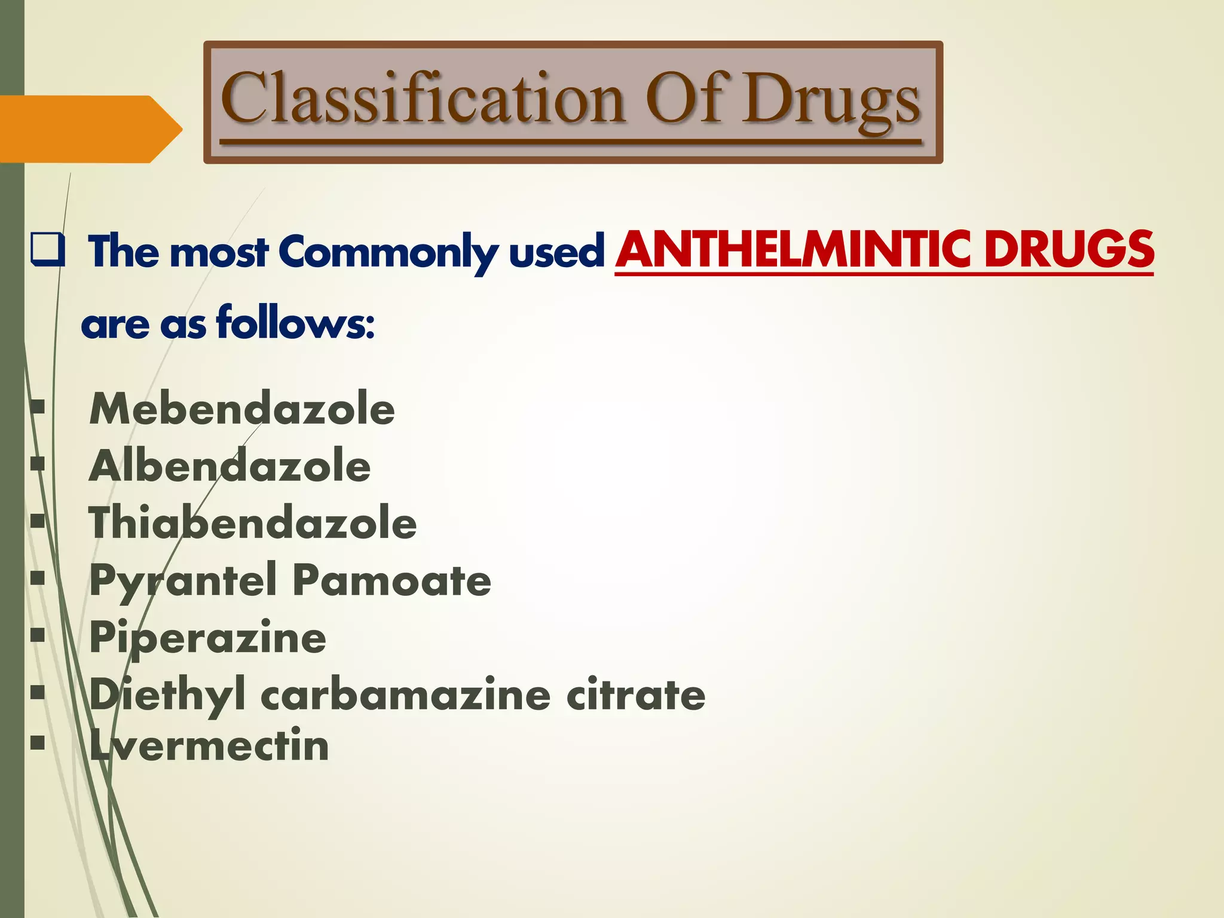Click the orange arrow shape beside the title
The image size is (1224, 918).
coord(90,129)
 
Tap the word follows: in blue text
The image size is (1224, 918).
coord(295,323)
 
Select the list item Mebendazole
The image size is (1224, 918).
coord(242,409)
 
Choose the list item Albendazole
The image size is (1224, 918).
coord(230,466)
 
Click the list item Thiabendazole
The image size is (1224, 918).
coord(253,523)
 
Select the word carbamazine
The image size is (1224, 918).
coord(405,695)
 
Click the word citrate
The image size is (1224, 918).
coord(635,695)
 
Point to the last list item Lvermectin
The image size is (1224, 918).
coord(209,746)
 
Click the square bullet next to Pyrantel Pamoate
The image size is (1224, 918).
coord(38,578)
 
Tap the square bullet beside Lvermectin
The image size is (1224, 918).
coord(38,743)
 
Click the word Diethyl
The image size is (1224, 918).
coord(167,695)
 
